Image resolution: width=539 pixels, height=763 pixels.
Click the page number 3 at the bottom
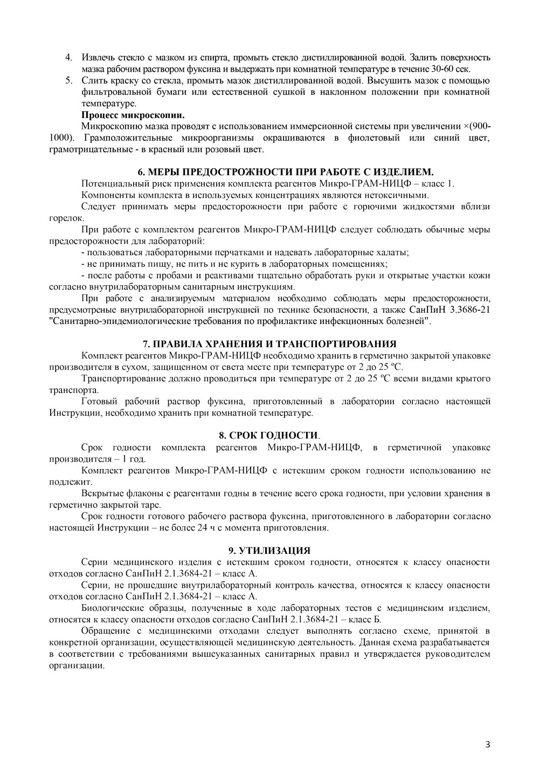pyautogui.click(x=487, y=745)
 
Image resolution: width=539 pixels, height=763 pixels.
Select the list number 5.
pyautogui.click(x=68, y=81)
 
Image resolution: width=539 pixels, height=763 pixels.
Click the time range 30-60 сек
pyautogui.click(x=453, y=69)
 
